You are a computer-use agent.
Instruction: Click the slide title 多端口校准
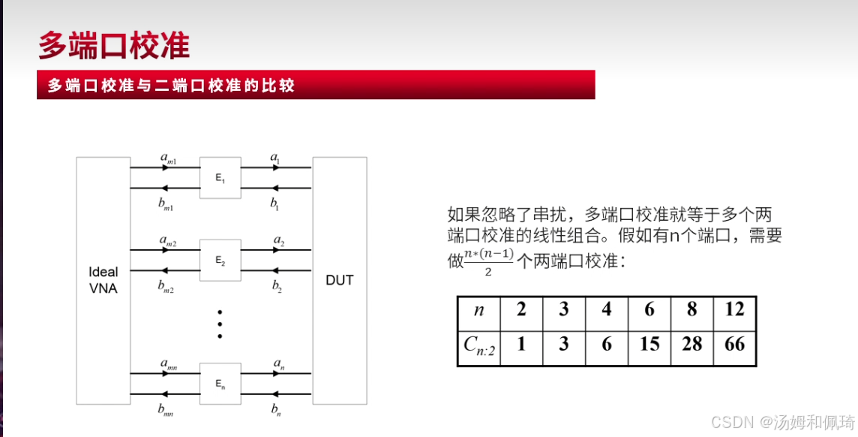[x=113, y=46]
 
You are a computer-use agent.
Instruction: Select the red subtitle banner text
[x=171, y=86]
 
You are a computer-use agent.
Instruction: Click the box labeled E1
[x=220, y=177]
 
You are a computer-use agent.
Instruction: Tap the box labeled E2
[x=220, y=260]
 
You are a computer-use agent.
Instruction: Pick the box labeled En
[x=220, y=383]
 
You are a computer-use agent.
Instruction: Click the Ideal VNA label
[x=103, y=280]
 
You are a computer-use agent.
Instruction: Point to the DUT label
[x=339, y=280]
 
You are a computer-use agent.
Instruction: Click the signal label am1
[x=168, y=158]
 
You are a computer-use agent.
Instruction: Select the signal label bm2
[x=166, y=286]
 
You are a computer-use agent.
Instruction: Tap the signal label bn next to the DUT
[x=275, y=409]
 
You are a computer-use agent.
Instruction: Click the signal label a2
[x=278, y=241]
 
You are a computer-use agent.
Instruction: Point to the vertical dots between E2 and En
[x=220, y=324]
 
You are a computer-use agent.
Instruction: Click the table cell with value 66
[x=734, y=344]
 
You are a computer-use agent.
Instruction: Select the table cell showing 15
[x=649, y=344]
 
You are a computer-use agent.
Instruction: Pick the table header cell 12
[x=734, y=309]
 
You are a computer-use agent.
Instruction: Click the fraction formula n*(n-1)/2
[x=488, y=262]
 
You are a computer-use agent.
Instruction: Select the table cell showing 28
[x=691, y=344]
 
